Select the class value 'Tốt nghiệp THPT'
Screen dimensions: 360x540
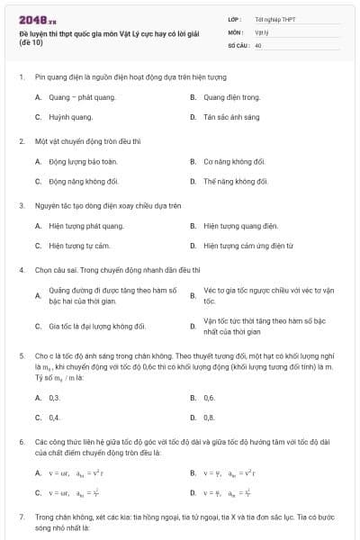point(274,18)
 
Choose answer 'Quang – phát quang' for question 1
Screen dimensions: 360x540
point(76,96)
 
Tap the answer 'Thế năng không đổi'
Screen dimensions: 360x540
point(236,181)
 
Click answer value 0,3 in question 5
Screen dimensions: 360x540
point(54,397)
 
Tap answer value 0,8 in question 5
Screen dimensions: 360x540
point(209,417)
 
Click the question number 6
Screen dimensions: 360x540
point(20,443)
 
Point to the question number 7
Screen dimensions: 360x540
point(20,518)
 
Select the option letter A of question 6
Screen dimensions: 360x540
point(38,472)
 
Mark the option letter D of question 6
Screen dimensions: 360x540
point(193,492)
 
